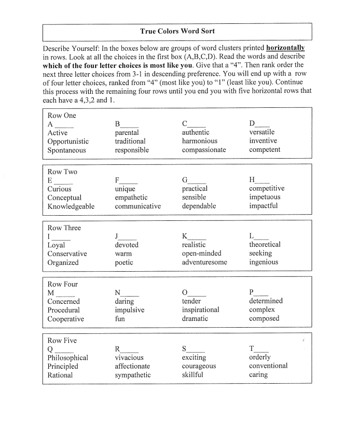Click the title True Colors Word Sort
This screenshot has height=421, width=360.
click(177, 32)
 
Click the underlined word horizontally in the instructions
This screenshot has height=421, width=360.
click(285, 47)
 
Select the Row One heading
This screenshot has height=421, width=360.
click(62, 116)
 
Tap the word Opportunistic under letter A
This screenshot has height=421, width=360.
click(68, 142)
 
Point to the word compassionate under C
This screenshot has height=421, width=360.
click(204, 150)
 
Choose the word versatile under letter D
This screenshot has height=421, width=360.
click(262, 132)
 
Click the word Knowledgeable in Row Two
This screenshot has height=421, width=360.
click(71, 206)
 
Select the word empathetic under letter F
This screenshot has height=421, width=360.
click(131, 198)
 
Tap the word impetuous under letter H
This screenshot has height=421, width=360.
click(265, 197)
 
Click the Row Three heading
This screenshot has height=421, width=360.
click(64, 228)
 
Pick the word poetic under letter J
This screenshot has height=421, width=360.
click(124, 263)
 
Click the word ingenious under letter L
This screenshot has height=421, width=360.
click(264, 262)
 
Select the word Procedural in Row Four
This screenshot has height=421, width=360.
click(64, 310)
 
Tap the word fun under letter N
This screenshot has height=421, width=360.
click(120, 319)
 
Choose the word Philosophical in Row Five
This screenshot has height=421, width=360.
click(68, 358)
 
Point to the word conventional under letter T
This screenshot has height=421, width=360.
click(268, 366)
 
